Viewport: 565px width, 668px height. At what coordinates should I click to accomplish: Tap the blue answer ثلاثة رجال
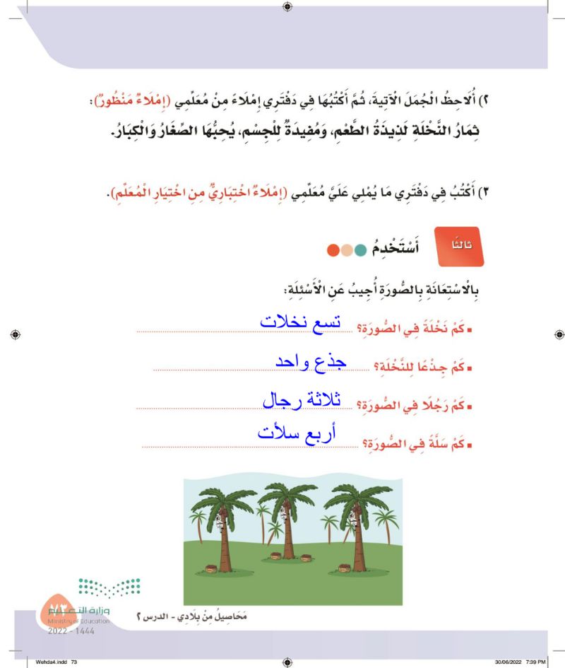[x=302, y=400]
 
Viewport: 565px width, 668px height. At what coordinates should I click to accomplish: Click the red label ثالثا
[x=459, y=247]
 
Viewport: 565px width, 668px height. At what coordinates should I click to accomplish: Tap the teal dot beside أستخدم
[x=362, y=249]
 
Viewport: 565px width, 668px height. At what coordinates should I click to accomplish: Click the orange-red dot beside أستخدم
[x=333, y=249]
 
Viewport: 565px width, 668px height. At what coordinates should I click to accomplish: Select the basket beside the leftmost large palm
[x=210, y=568]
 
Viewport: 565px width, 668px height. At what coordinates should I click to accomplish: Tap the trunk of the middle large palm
[x=287, y=544]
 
